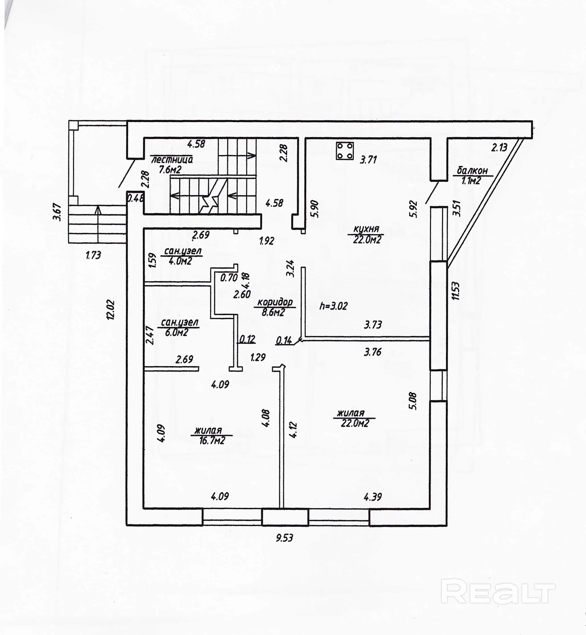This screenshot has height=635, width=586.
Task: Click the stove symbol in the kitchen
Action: click(345, 150)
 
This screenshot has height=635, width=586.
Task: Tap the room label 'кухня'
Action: click(366, 229)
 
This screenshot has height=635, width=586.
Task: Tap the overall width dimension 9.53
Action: click(284, 538)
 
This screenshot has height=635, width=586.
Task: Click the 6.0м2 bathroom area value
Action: click(177, 333)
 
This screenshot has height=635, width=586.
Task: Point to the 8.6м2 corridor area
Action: click(273, 313)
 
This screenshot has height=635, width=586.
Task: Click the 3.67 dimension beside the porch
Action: click(57, 212)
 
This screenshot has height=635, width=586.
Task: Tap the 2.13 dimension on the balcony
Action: click(499, 147)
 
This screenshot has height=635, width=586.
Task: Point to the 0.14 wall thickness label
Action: click(284, 341)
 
